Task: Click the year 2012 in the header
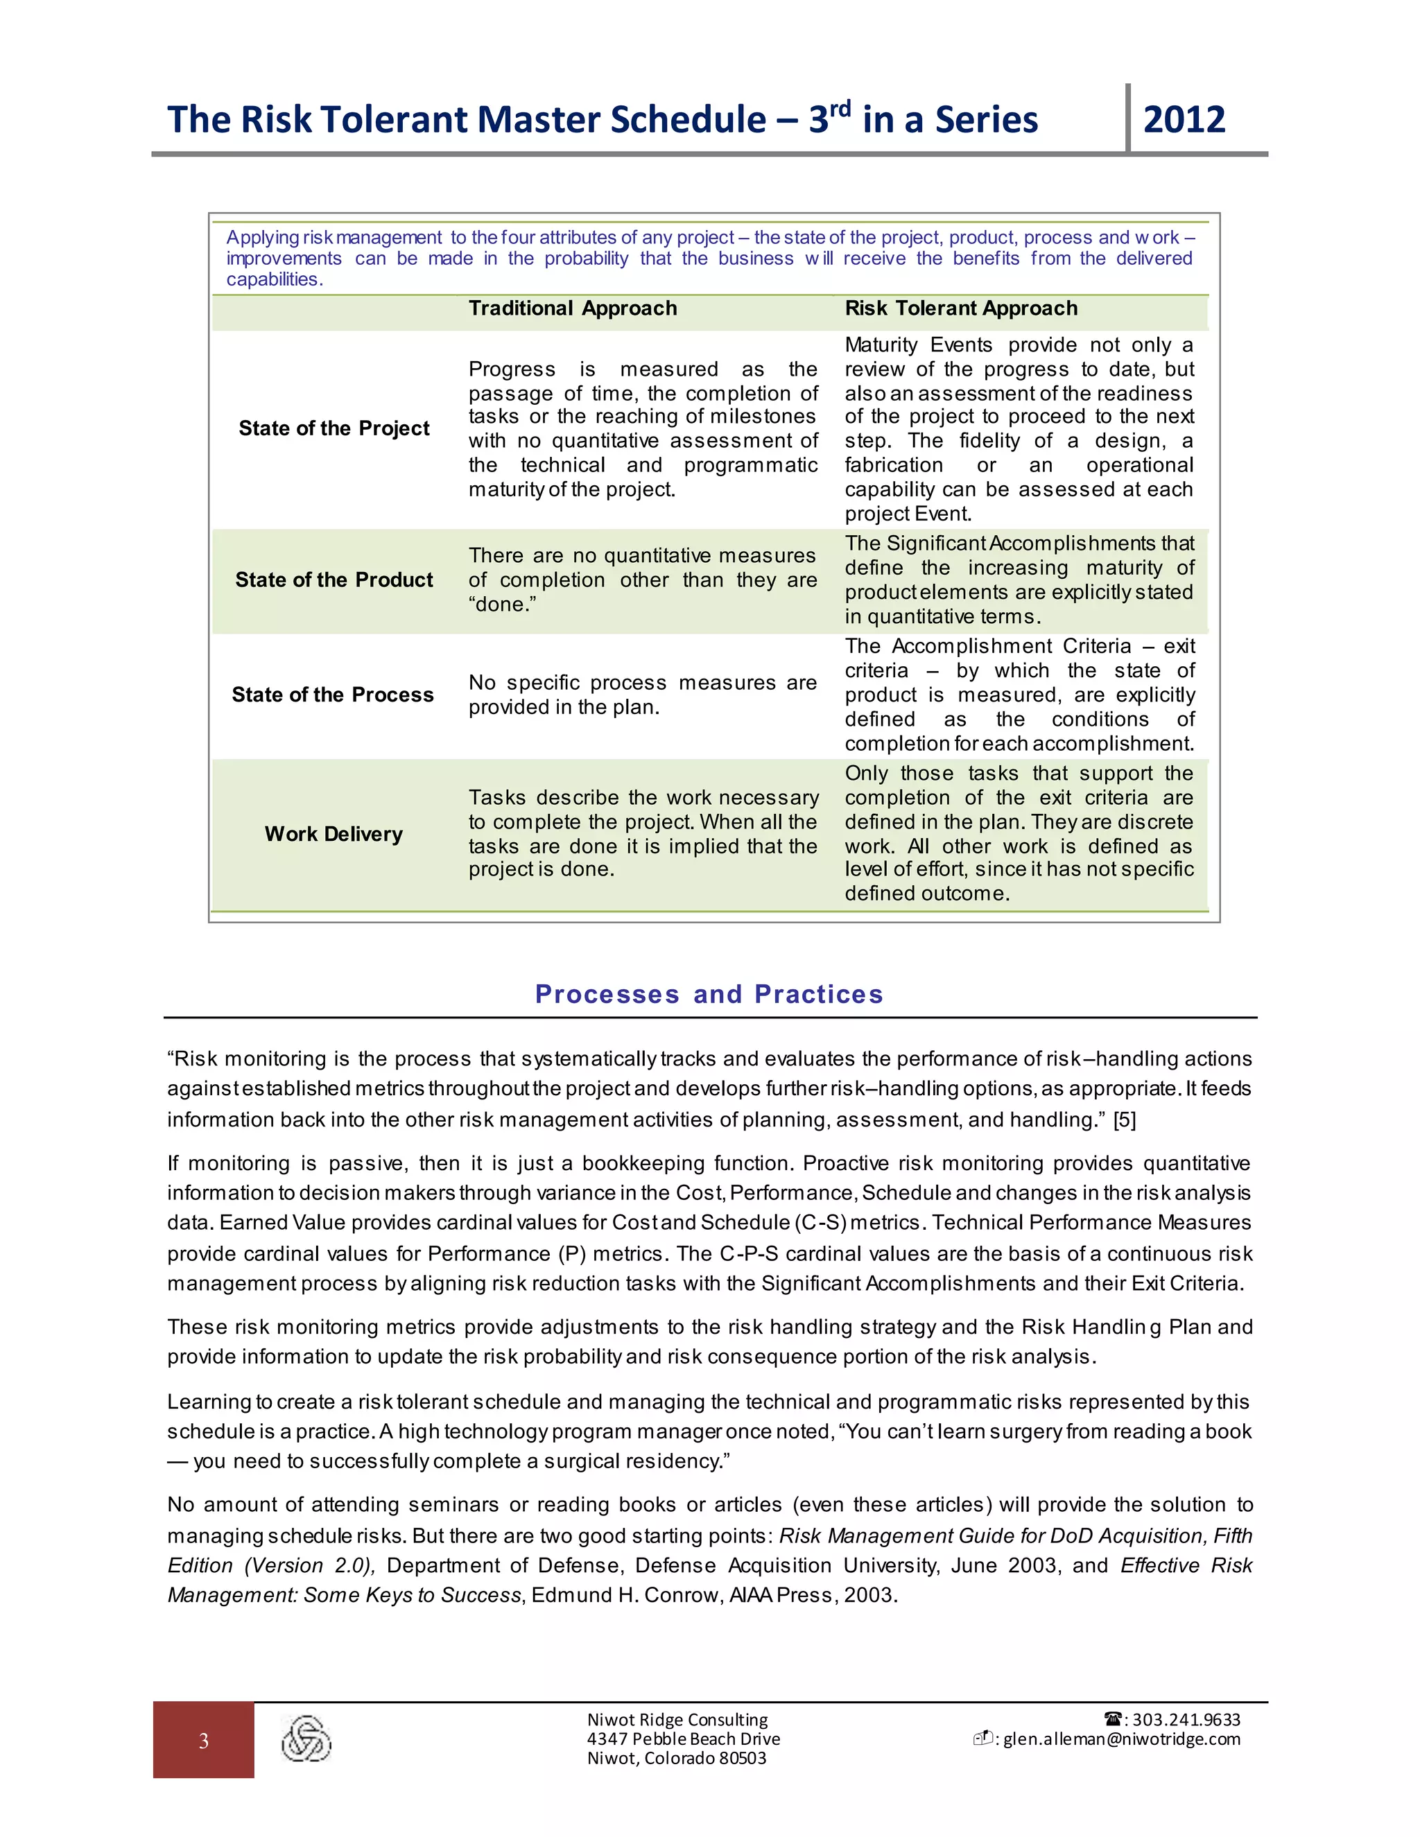coord(1184,119)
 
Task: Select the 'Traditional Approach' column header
coord(572,308)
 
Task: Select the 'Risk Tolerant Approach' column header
coord(961,308)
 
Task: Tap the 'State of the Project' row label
coord(334,429)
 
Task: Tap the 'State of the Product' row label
coord(334,580)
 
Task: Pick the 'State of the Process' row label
coord(333,695)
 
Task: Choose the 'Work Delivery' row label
coord(334,835)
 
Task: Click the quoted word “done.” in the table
coord(502,604)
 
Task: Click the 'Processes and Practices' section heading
coord(709,994)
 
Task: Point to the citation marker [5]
coord(1124,1120)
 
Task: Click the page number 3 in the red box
coord(204,1741)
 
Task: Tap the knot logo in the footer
coord(306,1739)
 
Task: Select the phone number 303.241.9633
coord(1186,1720)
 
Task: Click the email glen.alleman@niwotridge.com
coord(1121,1739)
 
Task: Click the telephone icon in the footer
coord(1113,1719)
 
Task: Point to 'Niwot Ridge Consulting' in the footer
coord(677,1720)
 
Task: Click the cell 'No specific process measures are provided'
coord(642,695)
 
